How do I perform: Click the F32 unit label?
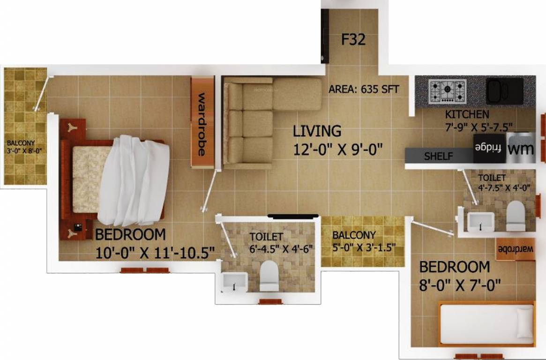(353, 40)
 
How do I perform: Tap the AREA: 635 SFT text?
(364, 89)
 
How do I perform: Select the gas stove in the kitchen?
(448, 91)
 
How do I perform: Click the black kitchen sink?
(504, 90)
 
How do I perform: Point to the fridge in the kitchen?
(489, 149)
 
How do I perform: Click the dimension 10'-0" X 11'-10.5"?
(155, 253)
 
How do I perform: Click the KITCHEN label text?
(467, 114)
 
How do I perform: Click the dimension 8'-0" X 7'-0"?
(460, 285)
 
